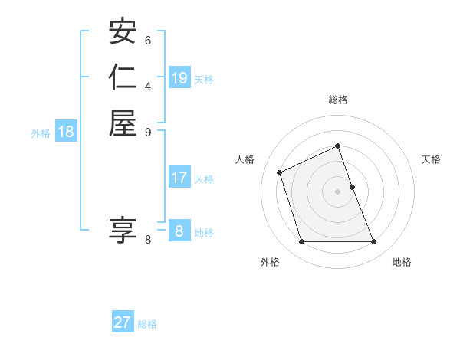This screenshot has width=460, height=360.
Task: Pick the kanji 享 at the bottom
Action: [123, 231]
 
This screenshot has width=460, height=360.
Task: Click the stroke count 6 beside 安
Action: [148, 40]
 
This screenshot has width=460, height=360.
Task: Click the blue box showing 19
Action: [179, 78]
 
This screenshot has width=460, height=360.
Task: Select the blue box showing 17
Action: [179, 178]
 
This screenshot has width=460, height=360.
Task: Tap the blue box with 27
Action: [123, 322]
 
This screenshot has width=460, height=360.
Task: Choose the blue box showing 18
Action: [66, 132]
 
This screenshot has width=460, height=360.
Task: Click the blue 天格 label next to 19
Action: [204, 80]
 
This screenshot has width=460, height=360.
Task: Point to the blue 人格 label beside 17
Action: [204, 179]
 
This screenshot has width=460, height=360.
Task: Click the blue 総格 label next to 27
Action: [147, 324]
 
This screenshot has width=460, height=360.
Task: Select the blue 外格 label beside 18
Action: [41, 133]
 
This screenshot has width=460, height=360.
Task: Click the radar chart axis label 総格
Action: [337, 100]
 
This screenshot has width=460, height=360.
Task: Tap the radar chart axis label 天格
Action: [431, 159]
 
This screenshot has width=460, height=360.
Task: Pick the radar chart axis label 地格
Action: [402, 262]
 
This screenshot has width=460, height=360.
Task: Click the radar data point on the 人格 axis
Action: [281, 172]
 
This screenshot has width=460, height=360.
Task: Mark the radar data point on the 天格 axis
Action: [352, 186]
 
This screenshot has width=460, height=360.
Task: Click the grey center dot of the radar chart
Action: [337, 191]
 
